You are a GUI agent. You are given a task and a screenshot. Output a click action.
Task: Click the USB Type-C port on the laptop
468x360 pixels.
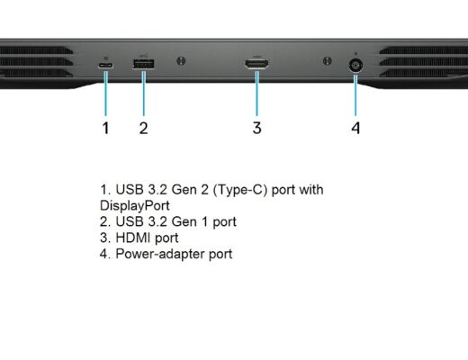point(105,65)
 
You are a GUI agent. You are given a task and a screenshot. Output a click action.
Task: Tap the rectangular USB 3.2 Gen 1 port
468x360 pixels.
point(143,64)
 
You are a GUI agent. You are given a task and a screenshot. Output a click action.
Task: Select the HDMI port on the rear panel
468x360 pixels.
point(256,64)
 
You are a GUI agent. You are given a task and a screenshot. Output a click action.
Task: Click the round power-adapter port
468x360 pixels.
point(355,65)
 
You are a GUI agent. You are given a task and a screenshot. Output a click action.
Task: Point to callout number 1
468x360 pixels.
point(105,128)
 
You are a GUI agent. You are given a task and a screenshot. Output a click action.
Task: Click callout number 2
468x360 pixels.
point(143,128)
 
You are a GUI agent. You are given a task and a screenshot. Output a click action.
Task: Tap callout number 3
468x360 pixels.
point(256,128)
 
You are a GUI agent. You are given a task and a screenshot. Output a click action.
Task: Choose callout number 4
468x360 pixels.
point(355,128)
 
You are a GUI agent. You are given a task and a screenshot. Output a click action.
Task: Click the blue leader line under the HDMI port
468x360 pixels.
point(256,94)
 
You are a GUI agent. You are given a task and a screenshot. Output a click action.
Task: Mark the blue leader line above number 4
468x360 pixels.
point(355,95)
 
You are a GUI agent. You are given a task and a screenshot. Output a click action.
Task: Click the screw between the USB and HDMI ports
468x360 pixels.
point(181,61)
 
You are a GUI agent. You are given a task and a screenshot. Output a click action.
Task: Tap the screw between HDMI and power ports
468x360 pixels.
point(327,61)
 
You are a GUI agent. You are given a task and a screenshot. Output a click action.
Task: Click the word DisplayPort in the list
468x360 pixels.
point(135,206)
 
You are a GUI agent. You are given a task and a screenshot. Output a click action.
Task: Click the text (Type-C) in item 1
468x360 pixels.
point(240,190)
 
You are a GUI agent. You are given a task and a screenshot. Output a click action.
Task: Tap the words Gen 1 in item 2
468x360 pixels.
point(190,222)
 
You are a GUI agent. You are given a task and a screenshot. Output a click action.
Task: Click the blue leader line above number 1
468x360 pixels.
point(105,94)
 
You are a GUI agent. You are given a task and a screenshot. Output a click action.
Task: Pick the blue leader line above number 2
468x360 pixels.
point(144,94)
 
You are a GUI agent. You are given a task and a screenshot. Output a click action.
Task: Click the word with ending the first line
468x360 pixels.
point(310,190)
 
